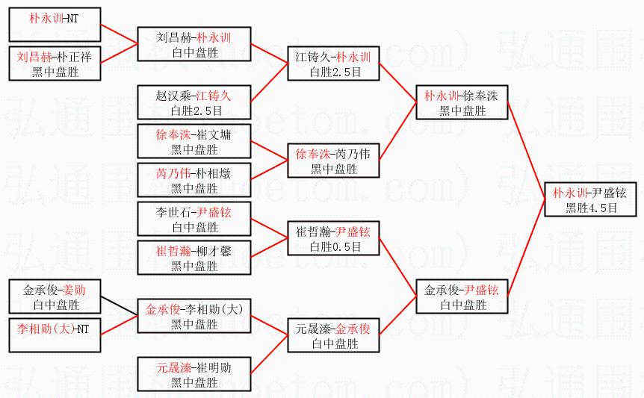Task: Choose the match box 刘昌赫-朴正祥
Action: click(55, 64)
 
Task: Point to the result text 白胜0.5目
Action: click(334, 246)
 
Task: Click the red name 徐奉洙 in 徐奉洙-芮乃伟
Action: click(312, 154)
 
